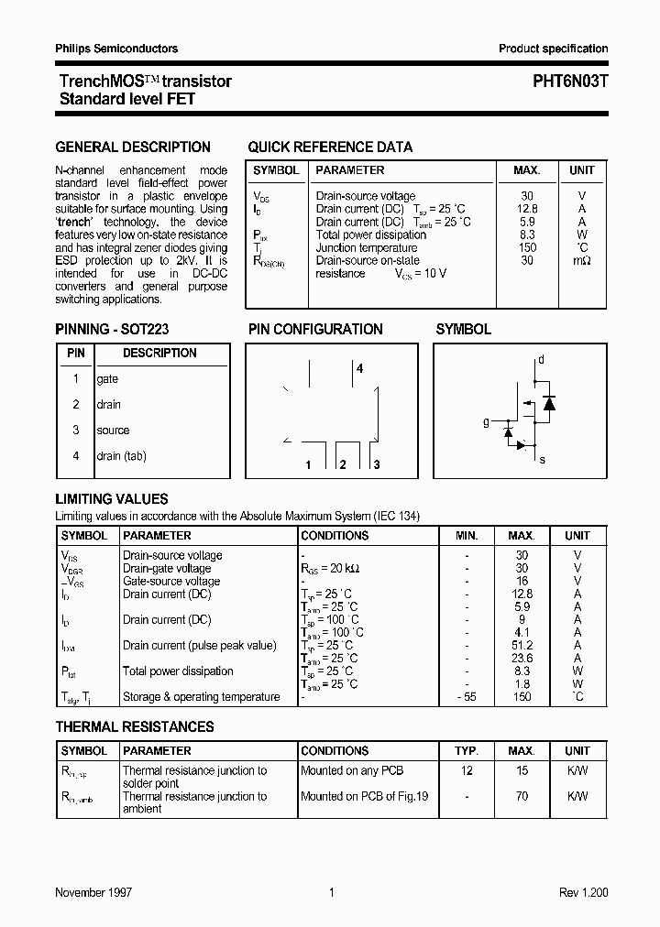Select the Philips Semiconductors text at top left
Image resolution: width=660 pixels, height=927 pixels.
point(116,49)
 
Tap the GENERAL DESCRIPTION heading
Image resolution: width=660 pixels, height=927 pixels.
point(133,147)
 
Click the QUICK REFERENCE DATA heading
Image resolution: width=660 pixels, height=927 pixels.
point(330,147)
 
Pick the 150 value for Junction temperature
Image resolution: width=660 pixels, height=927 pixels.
point(526,247)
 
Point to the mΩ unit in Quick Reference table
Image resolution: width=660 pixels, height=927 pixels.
point(581,261)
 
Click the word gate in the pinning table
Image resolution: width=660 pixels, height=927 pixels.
point(107,379)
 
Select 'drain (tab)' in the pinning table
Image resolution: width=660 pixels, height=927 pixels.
point(121,456)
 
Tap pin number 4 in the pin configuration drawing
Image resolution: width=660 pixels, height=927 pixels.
point(360,368)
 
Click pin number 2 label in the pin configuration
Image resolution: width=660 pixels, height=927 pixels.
point(342,465)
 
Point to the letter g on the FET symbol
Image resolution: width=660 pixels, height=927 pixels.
point(486,422)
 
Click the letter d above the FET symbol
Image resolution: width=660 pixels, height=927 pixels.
point(541,360)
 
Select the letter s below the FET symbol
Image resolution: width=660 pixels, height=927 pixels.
point(542,459)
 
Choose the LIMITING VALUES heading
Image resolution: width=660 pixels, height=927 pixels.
point(112,499)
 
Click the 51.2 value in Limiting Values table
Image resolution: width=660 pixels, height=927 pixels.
point(522,645)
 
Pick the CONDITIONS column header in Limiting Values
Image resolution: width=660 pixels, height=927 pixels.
point(335,536)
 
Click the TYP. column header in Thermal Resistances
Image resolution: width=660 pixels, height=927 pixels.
point(467,751)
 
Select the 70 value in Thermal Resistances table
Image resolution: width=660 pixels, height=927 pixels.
point(522,796)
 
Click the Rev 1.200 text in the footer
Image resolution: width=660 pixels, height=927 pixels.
point(584,892)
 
